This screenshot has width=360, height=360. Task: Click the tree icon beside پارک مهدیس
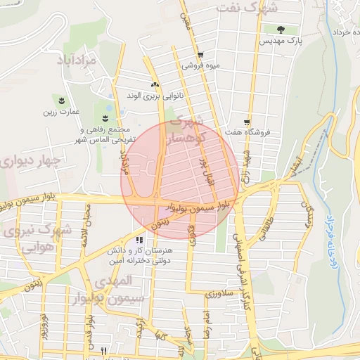coord(281,30)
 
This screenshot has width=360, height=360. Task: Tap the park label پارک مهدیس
coord(281,42)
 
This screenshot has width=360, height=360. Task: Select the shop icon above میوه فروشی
coord(200,54)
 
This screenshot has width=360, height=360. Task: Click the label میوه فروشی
coord(201,65)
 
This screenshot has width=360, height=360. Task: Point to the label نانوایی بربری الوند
coord(153,95)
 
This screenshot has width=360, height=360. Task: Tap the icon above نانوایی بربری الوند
coord(155,84)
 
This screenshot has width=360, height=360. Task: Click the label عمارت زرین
coord(61,111)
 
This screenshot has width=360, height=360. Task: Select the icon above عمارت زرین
coord(62,100)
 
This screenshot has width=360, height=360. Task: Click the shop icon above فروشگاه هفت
coord(247,121)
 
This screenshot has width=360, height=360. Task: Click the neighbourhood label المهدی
coord(113,280)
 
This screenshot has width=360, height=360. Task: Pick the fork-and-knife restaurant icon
coord(103,350)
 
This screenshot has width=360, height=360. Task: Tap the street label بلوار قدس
coord(90,330)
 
